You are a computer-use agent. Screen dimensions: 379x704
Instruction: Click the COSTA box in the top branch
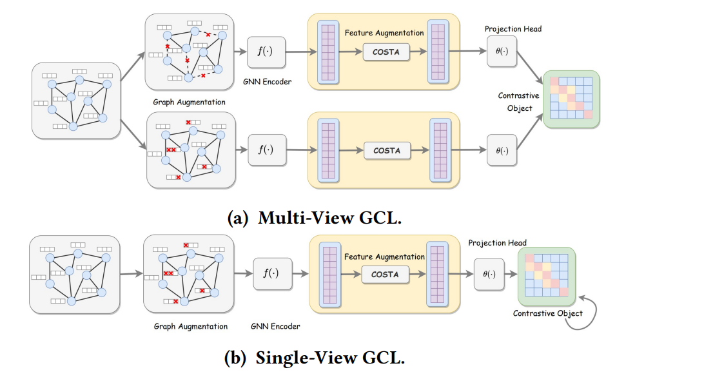(x=386, y=52)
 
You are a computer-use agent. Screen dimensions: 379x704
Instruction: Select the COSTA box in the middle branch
(x=386, y=151)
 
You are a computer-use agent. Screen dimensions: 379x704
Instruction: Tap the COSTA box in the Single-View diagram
(x=385, y=274)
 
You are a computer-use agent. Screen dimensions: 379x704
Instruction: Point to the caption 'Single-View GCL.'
(x=316, y=358)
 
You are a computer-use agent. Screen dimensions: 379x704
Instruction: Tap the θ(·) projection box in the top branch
(x=502, y=52)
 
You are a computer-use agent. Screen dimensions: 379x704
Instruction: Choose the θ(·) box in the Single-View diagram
(x=490, y=274)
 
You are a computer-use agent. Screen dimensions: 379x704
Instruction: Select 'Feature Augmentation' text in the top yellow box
(x=384, y=32)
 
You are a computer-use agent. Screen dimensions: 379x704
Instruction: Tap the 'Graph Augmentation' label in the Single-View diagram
(x=191, y=326)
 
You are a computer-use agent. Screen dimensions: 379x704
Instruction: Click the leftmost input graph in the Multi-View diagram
(x=77, y=100)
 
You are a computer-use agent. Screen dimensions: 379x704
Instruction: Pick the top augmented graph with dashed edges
(x=190, y=52)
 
